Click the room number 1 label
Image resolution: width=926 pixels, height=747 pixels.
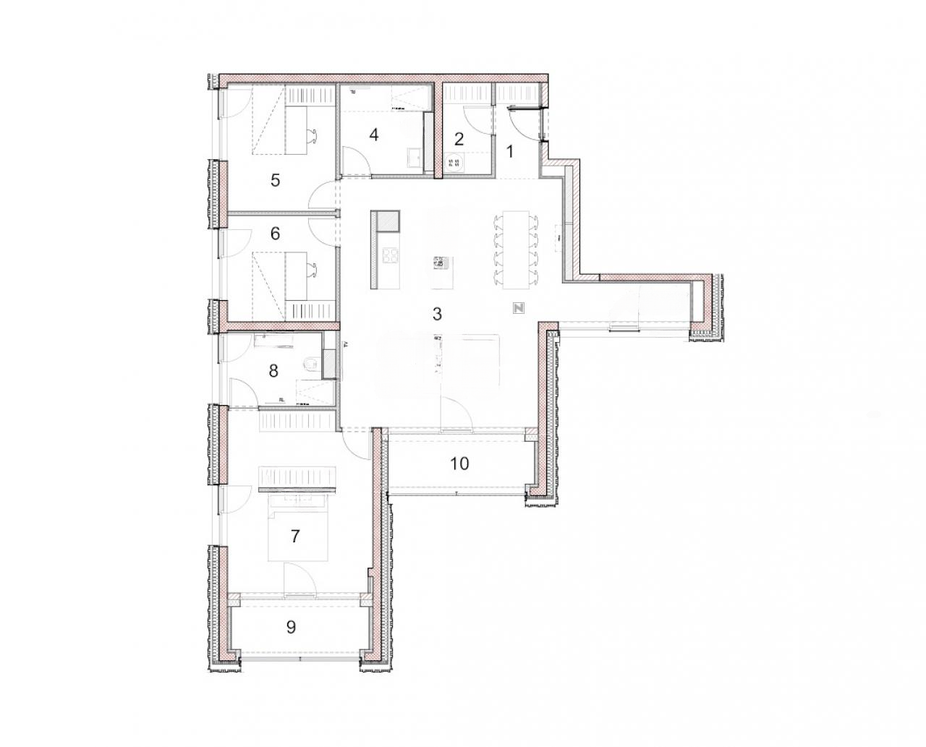(x=509, y=152)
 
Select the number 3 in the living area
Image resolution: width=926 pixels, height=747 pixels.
(x=436, y=314)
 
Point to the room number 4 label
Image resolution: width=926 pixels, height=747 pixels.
(x=373, y=135)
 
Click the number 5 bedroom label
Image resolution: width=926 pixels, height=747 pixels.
(x=275, y=180)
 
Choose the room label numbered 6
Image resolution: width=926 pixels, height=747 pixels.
(x=275, y=234)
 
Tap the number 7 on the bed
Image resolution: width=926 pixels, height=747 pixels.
(x=294, y=537)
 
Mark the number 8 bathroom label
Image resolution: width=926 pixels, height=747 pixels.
(x=273, y=372)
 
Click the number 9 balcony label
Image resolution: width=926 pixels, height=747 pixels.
(x=291, y=627)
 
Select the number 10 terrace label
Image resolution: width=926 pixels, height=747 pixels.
(x=460, y=464)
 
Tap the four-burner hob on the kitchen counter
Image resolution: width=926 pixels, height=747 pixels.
(x=390, y=255)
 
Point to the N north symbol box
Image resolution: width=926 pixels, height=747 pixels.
(x=519, y=307)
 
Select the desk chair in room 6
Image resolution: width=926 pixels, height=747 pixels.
(x=313, y=270)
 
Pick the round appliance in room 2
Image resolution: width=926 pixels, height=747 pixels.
(x=456, y=162)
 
